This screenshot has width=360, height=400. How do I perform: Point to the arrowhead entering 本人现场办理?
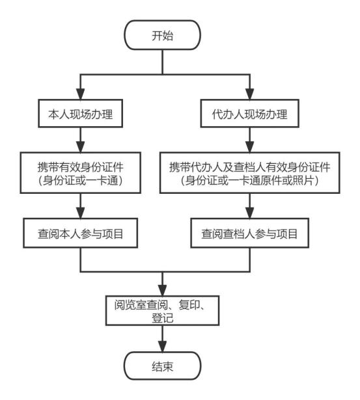(81, 94)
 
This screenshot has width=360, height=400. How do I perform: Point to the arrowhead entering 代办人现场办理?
(250, 94)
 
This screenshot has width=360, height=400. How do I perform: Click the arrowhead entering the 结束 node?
(162, 347)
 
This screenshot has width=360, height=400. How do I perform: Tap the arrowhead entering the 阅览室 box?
(162, 290)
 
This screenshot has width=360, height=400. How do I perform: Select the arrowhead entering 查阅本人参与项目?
(81, 213)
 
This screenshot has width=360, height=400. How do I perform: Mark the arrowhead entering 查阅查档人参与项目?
(250, 213)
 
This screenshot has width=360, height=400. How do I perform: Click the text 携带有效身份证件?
(81, 167)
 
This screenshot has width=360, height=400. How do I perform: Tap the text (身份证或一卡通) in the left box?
(81, 181)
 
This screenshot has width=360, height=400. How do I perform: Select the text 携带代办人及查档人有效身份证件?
(250, 167)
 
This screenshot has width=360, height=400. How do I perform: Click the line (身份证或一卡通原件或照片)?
(250, 181)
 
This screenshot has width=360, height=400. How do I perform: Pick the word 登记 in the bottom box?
(162, 318)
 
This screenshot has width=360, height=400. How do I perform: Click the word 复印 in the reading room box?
(189, 304)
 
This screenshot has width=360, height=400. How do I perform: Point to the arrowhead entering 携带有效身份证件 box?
(81, 147)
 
